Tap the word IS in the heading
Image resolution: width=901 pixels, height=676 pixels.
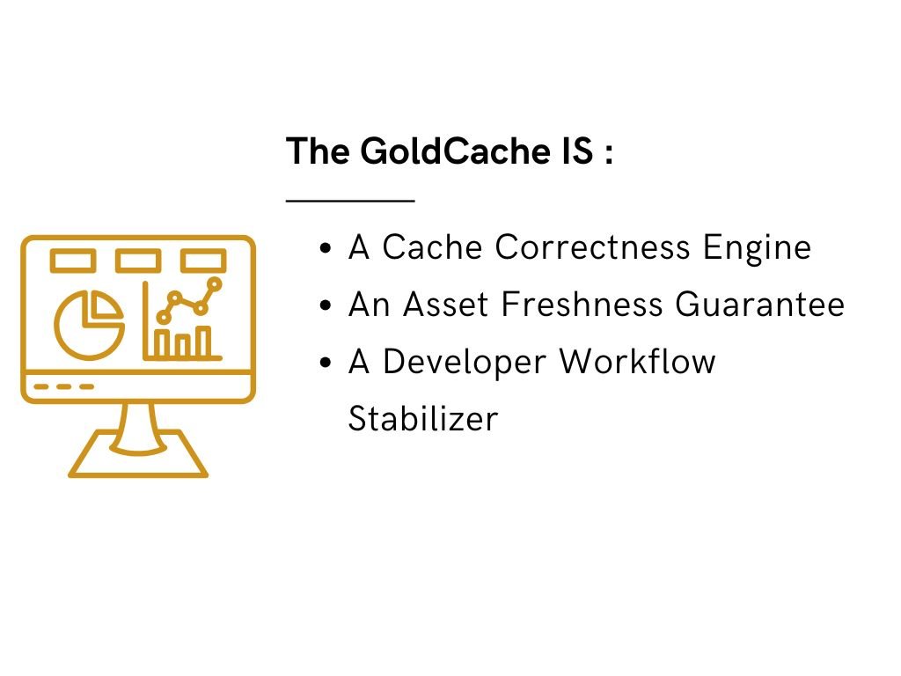click(575, 152)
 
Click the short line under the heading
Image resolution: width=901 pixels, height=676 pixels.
click(350, 201)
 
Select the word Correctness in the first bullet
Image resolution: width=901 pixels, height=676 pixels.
click(593, 247)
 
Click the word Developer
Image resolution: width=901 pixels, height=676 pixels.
click(465, 361)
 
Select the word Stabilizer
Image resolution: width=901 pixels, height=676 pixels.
click(423, 418)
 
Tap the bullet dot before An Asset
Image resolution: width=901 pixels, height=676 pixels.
click(326, 305)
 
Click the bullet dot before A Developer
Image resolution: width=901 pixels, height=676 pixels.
click(326, 362)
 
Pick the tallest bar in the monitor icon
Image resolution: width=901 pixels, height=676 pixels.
click(204, 342)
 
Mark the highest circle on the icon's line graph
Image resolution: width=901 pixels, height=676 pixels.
click(214, 283)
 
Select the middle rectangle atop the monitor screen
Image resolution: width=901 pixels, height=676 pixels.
click(138, 261)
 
